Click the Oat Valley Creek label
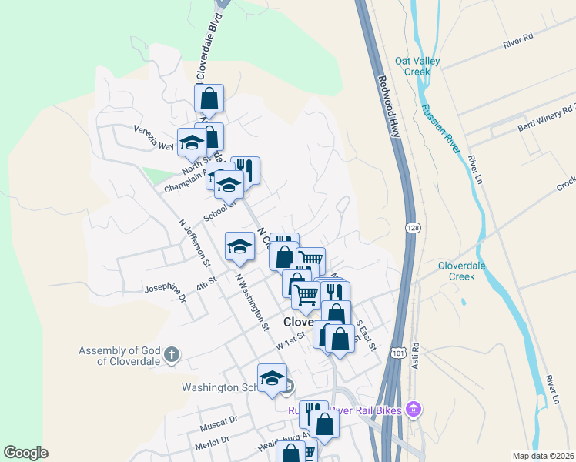point(411,65)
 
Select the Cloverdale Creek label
point(467,270)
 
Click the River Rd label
point(518,41)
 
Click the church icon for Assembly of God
point(172,355)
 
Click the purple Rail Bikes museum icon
point(414,409)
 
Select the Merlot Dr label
point(214,440)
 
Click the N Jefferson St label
point(195,243)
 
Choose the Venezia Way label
point(154,139)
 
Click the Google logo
point(26,453)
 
